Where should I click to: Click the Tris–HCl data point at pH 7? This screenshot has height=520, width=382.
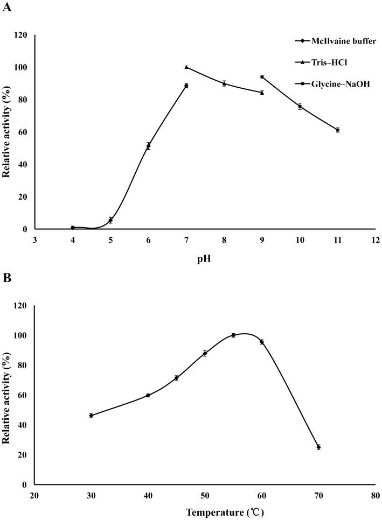(x=186, y=67)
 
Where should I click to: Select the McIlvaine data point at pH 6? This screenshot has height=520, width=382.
(x=148, y=146)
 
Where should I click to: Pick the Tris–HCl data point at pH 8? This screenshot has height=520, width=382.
(x=224, y=83)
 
